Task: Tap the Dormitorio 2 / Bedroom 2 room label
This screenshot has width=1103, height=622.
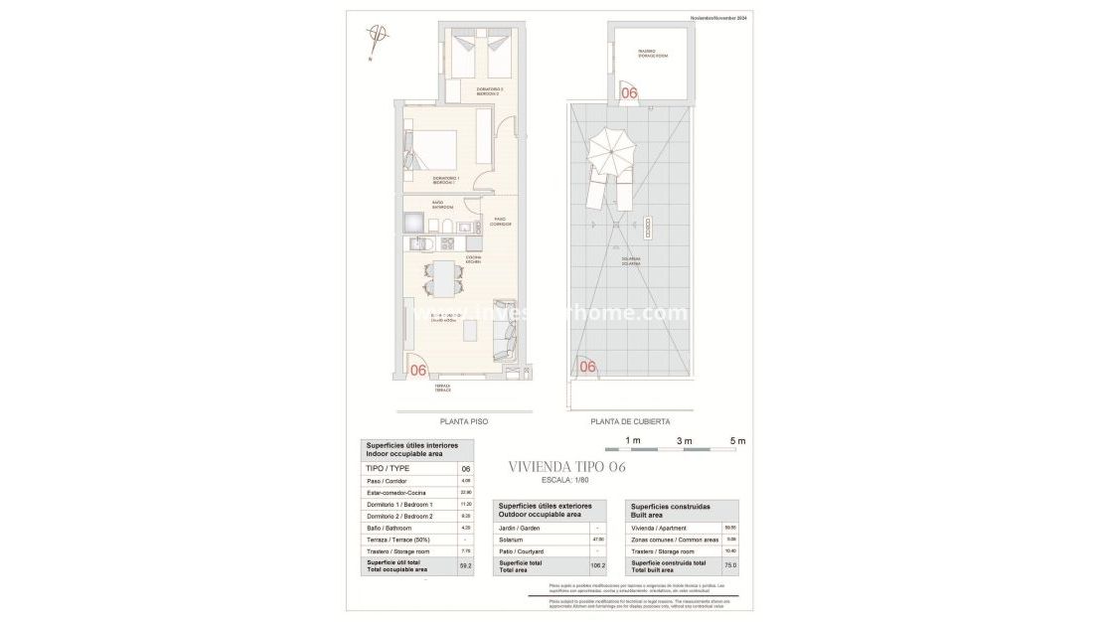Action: pos(489,91)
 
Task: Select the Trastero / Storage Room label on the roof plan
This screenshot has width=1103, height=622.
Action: pos(653,55)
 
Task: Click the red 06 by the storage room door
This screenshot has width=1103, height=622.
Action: pos(628,92)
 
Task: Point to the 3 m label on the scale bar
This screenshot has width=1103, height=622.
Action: pos(684,440)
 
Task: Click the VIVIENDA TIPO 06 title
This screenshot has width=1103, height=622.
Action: pos(566,467)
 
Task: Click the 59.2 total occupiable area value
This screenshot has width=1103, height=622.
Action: pos(465,565)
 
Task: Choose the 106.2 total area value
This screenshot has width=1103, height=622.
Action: pos(596,565)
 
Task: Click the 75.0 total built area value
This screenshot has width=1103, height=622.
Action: pos(729,565)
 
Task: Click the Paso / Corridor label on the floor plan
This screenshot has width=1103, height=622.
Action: pos(501,222)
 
